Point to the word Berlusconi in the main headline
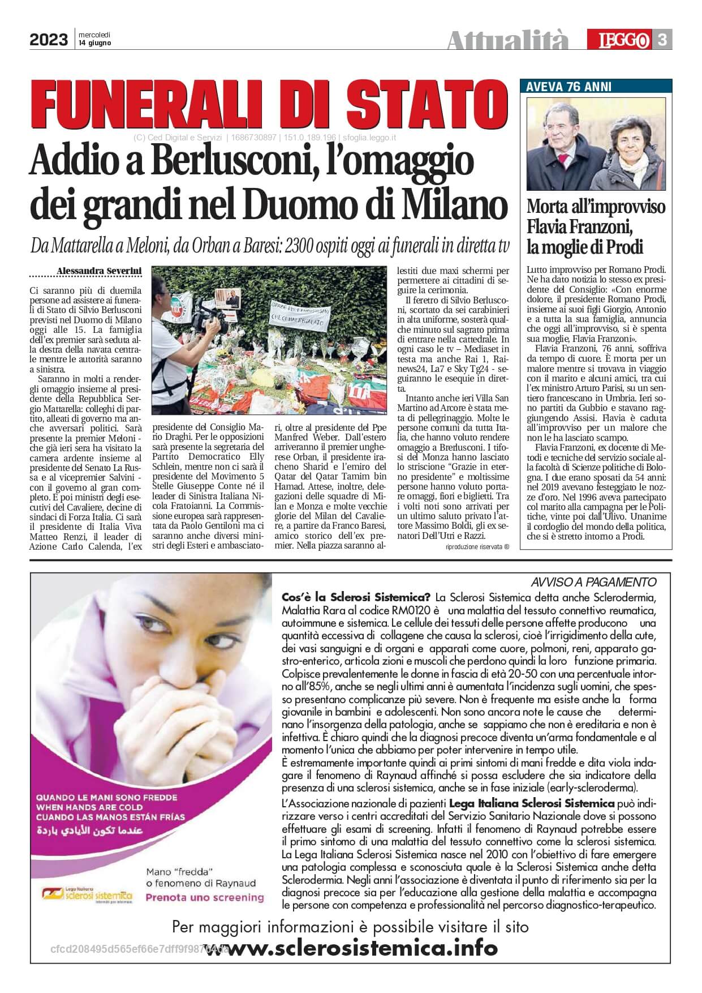pyautogui.click(x=223, y=161)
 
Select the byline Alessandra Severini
pyautogui.click(x=99, y=272)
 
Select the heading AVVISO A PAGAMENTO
pyautogui.click(x=593, y=582)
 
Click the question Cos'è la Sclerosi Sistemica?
pyautogui.click(x=356, y=597)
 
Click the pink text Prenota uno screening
pyautogui.click(x=205, y=897)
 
